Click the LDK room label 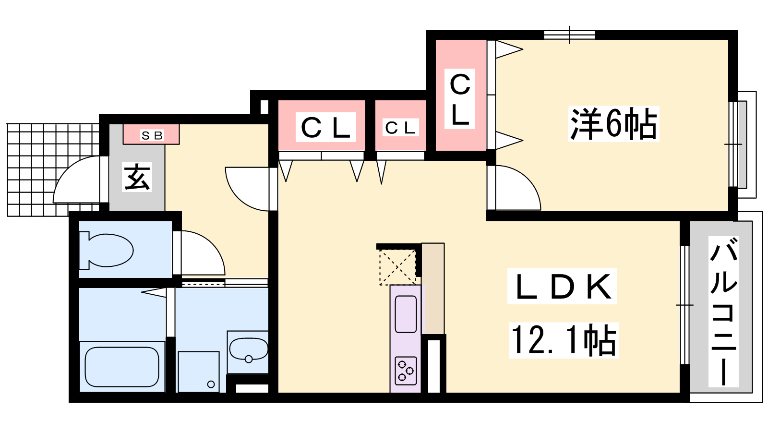[x=562, y=286]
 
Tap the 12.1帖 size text [x=564, y=340]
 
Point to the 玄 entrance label [x=137, y=177]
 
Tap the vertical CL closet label [x=459, y=99]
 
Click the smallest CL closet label [x=400, y=128]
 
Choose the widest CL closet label [x=326, y=127]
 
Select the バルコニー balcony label [x=723, y=312]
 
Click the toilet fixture [x=106, y=250]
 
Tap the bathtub [x=122, y=367]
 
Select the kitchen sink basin [x=406, y=314]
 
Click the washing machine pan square [x=199, y=372]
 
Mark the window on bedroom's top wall [x=569, y=35]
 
